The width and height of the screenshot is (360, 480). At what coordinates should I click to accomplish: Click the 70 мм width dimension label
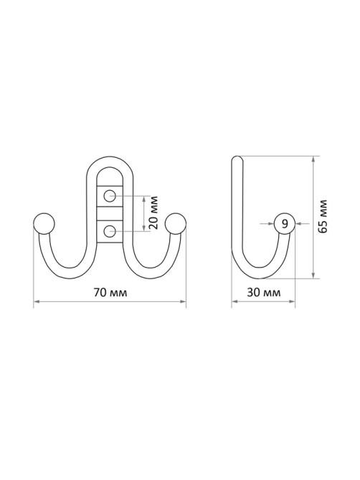(110, 292)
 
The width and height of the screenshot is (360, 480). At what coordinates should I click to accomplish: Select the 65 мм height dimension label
(323, 216)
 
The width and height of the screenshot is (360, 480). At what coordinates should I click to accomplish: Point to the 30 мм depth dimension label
(263, 292)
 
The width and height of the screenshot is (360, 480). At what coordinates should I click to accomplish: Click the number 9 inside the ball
(285, 224)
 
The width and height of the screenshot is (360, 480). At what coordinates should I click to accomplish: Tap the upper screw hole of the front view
(109, 196)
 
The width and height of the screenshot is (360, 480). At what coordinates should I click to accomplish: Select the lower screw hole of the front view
(109, 231)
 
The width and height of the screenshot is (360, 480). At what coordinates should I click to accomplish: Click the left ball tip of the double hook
(44, 224)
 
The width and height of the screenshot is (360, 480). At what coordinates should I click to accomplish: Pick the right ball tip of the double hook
(175, 224)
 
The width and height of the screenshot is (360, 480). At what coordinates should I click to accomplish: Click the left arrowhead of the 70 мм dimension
(36, 302)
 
